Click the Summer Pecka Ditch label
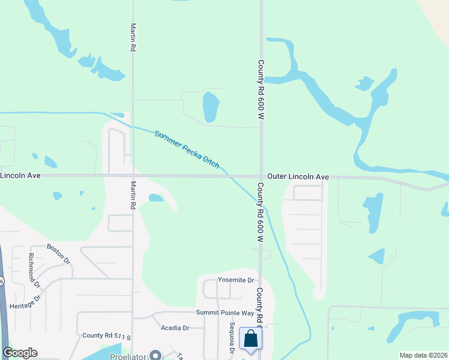pos(187,149)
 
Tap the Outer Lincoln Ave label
pos(298,177)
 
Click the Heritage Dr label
pos(25,302)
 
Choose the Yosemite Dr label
pos(237,280)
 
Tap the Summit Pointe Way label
pos(225,313)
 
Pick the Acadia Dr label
pos(175,328)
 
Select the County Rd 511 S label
pos(106,336)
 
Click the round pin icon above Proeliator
pos(155,355)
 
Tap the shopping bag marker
pos(250,338)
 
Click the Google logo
pos(20,353)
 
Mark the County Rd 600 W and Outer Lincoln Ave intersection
pos(261,176)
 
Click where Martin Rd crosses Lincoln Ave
pos(133,176)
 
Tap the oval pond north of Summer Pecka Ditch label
pos(211,107)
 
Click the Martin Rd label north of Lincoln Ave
pos(133,37)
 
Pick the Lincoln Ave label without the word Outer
pos(20,176)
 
